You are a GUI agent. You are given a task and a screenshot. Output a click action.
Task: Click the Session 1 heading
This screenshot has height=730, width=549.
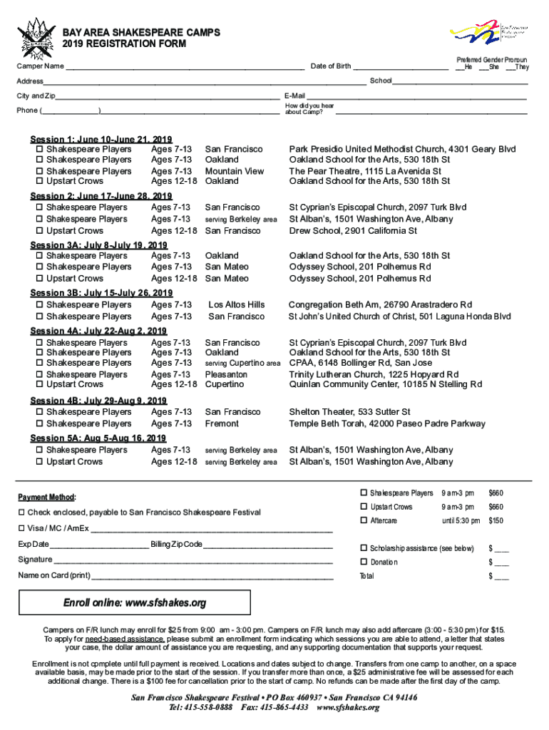100,139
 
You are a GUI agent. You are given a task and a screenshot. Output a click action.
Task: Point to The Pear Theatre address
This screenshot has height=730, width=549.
365,171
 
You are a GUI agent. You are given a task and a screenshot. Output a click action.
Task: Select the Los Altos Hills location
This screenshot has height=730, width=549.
236,305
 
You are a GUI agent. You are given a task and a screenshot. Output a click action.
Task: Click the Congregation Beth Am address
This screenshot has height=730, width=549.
379,305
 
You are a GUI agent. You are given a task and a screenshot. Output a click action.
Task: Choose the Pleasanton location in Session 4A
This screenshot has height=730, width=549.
227,374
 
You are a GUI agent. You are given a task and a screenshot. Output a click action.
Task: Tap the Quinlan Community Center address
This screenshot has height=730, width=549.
385,385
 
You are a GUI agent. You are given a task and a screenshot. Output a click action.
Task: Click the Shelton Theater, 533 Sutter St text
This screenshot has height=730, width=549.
349,412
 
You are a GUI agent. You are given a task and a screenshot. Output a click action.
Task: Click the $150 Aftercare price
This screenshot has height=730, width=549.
496,521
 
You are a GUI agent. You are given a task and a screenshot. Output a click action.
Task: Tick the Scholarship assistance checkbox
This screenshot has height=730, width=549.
364,548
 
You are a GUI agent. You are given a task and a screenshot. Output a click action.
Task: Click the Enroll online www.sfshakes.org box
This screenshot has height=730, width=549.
135,603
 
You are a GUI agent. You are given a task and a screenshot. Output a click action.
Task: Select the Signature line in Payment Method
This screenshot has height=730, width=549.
193,560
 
